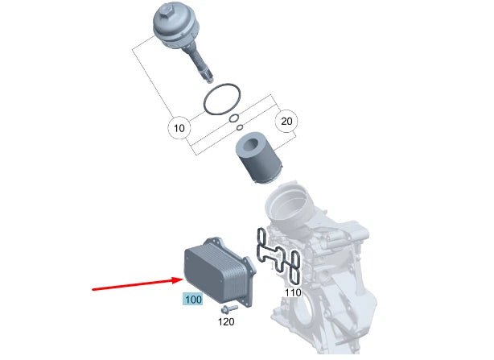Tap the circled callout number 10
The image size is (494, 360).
click(x=178, y=128)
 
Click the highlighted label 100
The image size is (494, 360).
click(x=192, y=300)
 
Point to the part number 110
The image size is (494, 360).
click(x=293, y=292)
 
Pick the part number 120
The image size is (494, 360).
click(x=227, y=322)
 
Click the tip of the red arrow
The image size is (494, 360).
click(x=182, y=279)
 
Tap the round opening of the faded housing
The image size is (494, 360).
click(x=290, y=209)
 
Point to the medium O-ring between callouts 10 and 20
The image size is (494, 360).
click(x=233, y=119)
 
